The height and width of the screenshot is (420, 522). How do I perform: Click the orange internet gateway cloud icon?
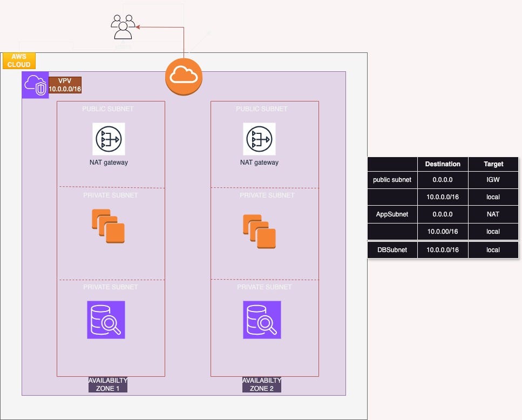pos(184,76)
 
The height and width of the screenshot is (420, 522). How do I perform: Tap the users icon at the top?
pos(123,27)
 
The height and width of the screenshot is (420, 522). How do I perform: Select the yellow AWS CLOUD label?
pos(19,60)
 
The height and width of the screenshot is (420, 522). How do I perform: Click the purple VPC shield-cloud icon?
pos(35,85)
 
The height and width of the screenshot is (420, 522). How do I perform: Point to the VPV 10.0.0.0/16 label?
pos(65,85)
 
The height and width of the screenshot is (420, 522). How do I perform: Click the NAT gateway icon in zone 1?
pos(109,139)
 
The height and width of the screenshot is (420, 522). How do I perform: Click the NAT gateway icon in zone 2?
pos(259,139)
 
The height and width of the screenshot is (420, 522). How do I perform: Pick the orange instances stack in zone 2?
pos(259,231)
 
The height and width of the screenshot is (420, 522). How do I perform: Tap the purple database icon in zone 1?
pos(106,320)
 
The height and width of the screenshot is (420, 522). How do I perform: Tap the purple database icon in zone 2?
pos(262,320)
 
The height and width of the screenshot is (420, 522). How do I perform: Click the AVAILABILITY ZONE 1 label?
pos(108,384)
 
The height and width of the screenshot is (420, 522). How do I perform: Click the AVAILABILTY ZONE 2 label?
pos(262,384)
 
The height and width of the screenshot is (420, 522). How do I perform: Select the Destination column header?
pos(443,164)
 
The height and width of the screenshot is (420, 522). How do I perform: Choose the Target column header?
pos(493,164)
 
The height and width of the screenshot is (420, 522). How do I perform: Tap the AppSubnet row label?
pos(392,214)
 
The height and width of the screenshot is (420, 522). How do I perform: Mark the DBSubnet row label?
pos(392,250)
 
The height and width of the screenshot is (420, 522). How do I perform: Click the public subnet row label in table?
pos(392,180)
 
